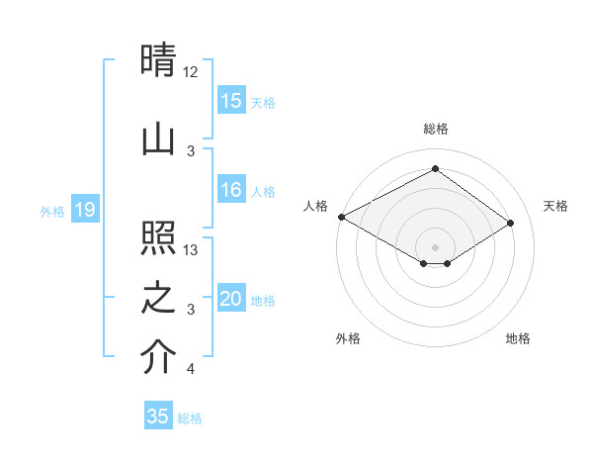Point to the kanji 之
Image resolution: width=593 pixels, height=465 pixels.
[x=158, y=298]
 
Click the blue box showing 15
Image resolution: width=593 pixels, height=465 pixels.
[x=231, y=101]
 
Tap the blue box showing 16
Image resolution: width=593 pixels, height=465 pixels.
[x=231, y=191]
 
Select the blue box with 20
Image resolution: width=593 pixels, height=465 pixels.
[x=231, y=300]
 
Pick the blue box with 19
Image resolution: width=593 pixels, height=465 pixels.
[x=84, y=210]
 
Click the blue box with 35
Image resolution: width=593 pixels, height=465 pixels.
[x=158, y=417]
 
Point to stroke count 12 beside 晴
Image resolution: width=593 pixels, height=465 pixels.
[x=190, y=72]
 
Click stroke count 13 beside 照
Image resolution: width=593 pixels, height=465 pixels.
[x=191, y=250]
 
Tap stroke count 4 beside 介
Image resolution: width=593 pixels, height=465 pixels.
[x=190, y=369]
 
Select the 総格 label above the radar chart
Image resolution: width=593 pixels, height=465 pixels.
[x=435, y=129]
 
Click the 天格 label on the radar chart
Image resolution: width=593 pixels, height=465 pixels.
[x=555, y=206]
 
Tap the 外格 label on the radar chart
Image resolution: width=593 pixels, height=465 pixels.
[x=348, y=338]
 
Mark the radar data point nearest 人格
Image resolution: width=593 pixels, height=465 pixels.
[x=341, y=217]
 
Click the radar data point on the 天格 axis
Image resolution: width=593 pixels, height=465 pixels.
[x=511, y=223]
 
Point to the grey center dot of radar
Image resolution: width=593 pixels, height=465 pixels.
[x=435, y=246]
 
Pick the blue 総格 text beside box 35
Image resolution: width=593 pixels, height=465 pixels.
[x=190, y=418]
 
